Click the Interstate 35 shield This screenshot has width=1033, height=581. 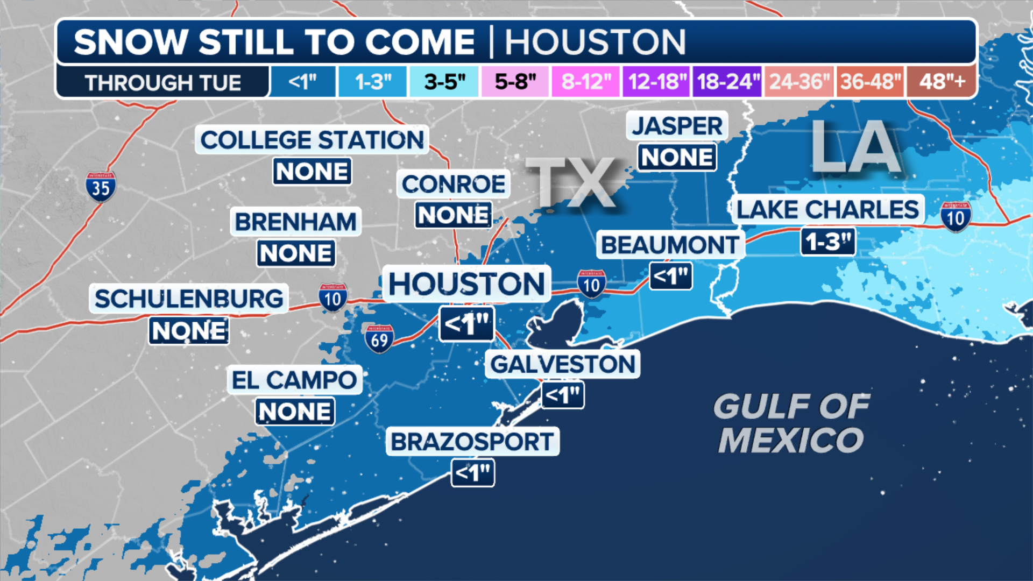point(101,187)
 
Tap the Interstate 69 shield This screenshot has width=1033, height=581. point(379,339)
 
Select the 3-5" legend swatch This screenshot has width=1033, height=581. point(444,82)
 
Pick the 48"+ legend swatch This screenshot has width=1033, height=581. point(942,82)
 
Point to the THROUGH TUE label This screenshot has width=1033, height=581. point(162,83)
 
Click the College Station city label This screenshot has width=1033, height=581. point(312,140)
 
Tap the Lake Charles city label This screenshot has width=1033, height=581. point(827,209)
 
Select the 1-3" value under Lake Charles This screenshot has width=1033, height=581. point(827,242)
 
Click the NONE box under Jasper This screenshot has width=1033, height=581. point(677,158)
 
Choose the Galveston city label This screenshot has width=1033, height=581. point(563,364)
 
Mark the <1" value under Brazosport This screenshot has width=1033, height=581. point(472,473)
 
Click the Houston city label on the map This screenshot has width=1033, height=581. point(466,284)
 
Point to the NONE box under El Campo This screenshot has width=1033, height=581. point(294,412)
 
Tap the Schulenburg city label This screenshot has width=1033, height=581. point(189,299)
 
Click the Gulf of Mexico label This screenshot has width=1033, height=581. point(791,423)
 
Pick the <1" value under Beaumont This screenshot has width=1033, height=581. point(670,277)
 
